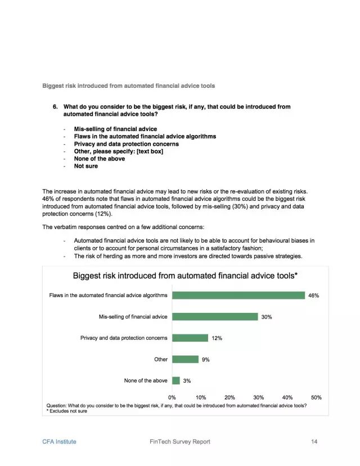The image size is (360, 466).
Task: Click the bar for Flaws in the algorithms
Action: pos(238,295)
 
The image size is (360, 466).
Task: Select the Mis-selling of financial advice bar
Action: pos(215,317)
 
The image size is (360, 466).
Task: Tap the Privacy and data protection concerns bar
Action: pos(190,338)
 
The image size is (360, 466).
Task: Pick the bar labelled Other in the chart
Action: pos(185,359)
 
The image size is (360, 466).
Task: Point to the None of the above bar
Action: pos(176,380)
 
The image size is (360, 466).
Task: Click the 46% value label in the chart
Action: pos(314,295)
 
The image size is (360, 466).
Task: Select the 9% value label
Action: pos(206,360)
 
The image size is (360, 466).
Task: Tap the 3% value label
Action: pos(187,381)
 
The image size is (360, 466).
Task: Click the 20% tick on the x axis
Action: pos(229,397)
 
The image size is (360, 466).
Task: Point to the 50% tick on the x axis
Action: pos(316,397)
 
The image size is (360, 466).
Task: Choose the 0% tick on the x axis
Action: pos(172,397)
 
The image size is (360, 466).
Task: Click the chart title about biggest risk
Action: pos(185,276)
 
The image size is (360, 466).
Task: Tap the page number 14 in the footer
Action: pos(314,442)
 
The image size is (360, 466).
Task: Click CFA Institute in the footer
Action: pos(59,442)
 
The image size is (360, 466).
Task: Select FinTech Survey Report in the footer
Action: pos(175,442)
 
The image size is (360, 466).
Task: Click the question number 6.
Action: pos(56,106)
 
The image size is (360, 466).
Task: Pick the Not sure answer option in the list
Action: pos(85,166)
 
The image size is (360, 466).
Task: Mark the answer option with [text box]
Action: pos(118,151)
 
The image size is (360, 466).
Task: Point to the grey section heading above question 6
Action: pos(128,86)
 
